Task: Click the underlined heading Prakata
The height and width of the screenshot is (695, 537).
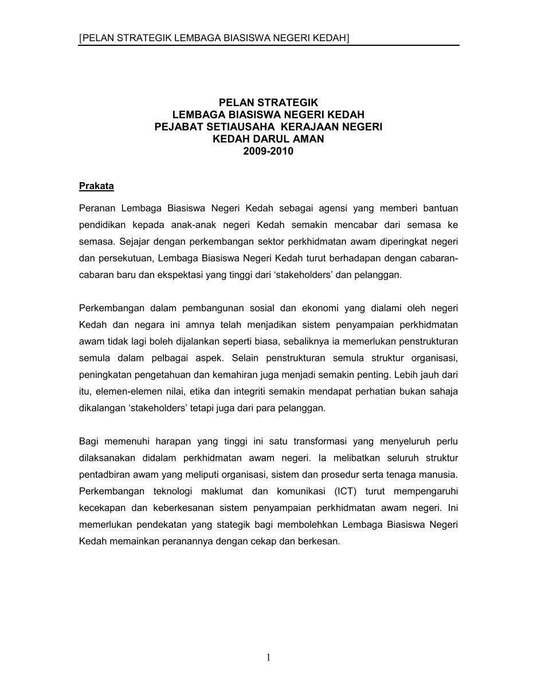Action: click(96, 186)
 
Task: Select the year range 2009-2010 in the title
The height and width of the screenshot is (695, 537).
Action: click(268, 152)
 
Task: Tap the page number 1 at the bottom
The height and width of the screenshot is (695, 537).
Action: click(268, 657)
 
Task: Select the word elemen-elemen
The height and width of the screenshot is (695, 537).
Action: click(120, 391)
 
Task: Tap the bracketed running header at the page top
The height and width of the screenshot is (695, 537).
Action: click(214, 38)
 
